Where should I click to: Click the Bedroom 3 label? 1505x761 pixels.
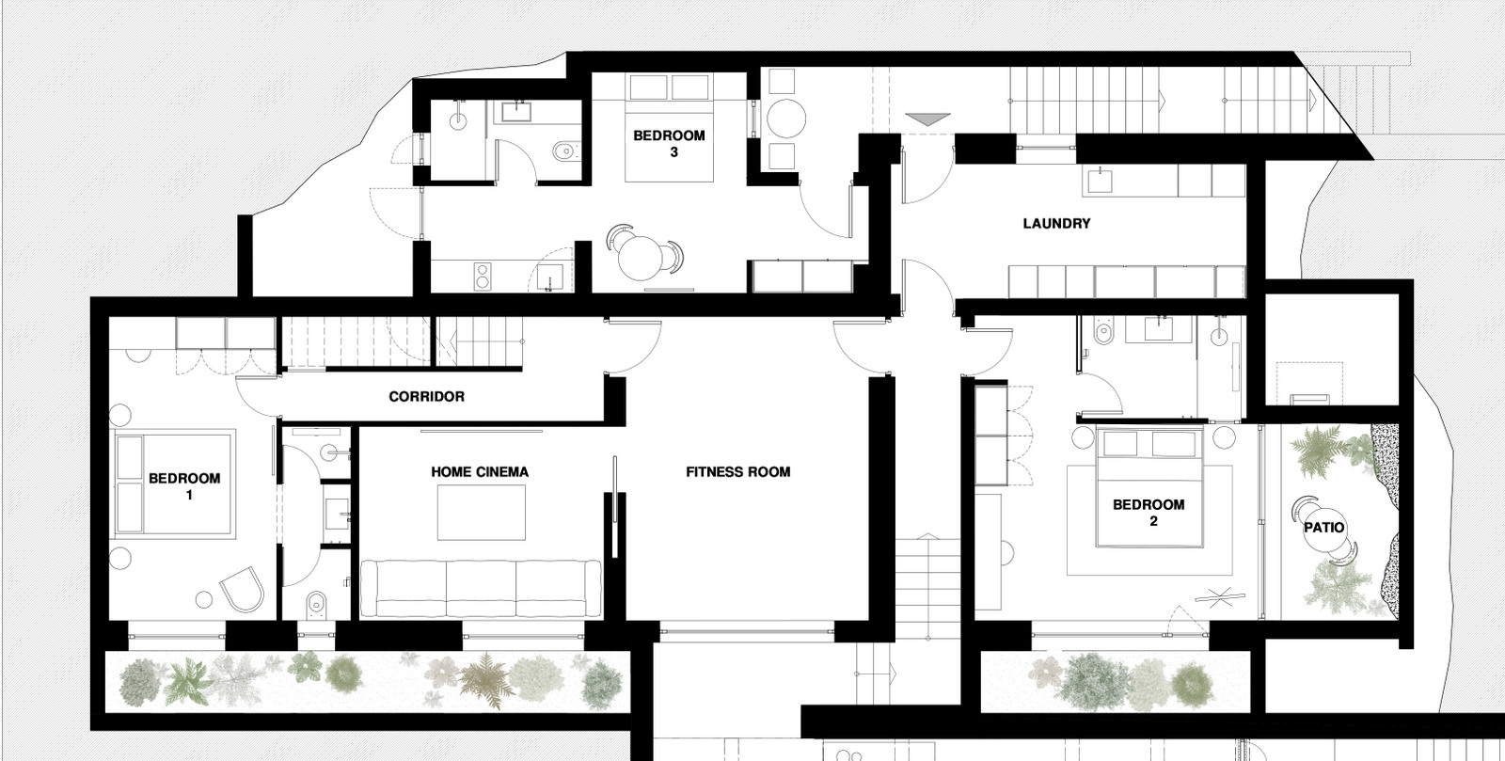tap(669, 144)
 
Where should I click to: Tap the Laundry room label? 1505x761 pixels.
tap(1057, 224)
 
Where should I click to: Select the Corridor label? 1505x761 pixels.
tap(427, 397)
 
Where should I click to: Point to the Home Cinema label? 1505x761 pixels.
tap(480, 472)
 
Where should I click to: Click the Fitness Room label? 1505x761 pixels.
tap(737, 472)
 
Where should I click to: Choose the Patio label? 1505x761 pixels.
tap(1324, 528)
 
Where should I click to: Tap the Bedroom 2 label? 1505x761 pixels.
tap(1149, 513)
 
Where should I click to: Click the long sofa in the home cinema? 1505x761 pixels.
tap(481, 589)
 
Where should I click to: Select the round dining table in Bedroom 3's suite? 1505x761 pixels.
tap(641, 258)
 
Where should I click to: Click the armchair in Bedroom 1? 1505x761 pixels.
tap(243, 589)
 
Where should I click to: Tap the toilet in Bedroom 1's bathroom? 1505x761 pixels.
tap(316, 604)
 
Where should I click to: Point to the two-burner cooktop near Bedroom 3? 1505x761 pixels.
tap(483, 277)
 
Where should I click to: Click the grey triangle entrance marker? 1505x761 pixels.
tap(927, 119)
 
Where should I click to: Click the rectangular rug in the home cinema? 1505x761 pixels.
tap(481, 513)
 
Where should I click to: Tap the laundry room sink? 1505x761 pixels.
tap(1100, 181)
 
